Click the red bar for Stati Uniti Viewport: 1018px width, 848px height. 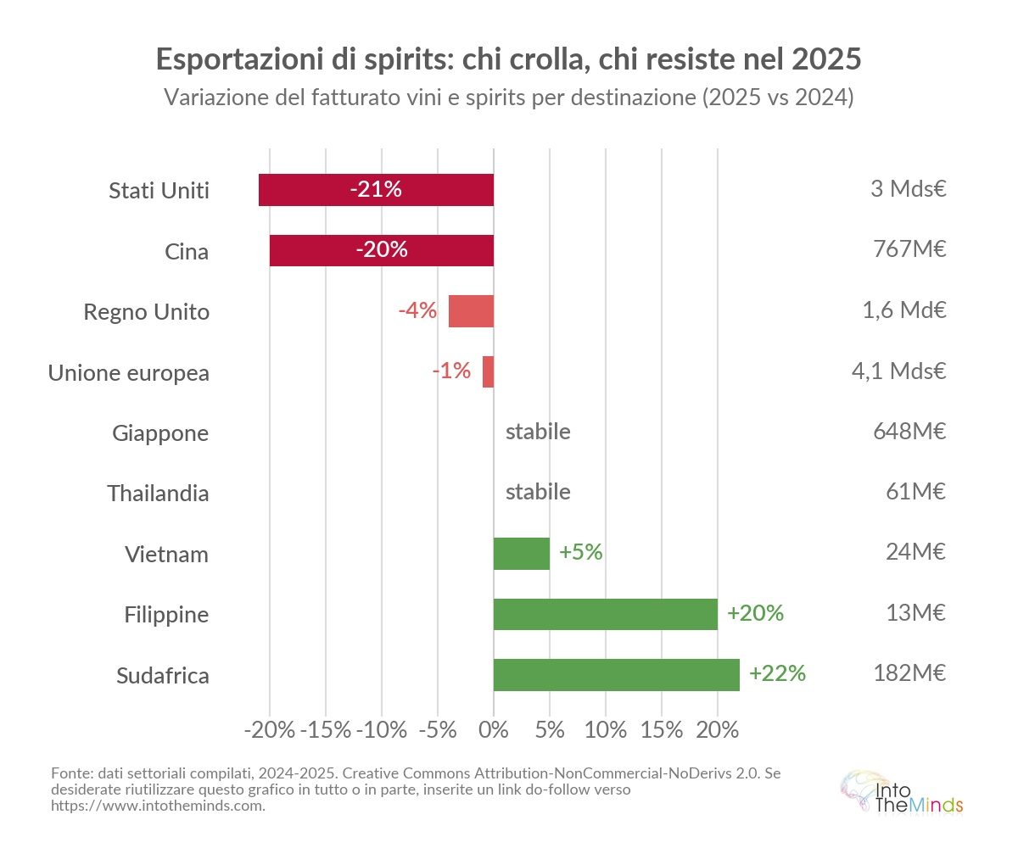point(376,190)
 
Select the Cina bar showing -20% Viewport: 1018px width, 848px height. point(382,250)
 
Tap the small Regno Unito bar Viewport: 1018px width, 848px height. point(471,311)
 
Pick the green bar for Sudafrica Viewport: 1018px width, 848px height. point(616,675)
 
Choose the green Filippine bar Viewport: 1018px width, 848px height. point(605,614)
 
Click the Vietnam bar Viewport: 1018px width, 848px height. point(521,553)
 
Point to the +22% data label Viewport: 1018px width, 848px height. point(777,674)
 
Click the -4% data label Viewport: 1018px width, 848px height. point(417,310)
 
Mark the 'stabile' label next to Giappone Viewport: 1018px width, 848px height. point(538,432)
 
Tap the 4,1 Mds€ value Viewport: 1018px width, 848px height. point(898,371)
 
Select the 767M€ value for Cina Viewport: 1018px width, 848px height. point(909,250)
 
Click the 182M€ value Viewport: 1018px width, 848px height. point(909,674)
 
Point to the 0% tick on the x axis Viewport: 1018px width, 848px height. point(493,730)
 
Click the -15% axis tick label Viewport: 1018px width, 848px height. point(326,730)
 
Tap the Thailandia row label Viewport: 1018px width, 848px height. point(158,494)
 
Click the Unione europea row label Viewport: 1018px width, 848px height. point(128,372)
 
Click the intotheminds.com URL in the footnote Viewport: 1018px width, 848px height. point(158,806)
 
